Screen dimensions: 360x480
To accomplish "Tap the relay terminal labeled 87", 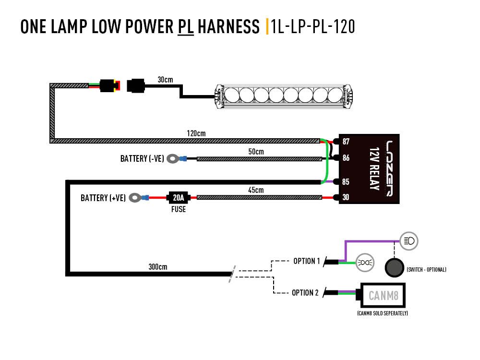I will point(346,142).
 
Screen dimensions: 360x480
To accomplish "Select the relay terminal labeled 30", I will point(346,197).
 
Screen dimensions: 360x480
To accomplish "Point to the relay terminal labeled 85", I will point(346,182).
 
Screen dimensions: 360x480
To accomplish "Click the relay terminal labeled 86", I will point(346,157).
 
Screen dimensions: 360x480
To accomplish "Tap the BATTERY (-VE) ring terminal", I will point(172,158).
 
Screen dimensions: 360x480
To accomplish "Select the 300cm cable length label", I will point(157,267).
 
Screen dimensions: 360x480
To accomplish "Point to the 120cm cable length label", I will point(196,133).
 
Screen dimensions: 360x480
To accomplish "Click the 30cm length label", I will point(165,80).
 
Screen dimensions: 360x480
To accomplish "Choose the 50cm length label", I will point(256,151).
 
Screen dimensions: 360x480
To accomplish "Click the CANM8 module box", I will point(383,295).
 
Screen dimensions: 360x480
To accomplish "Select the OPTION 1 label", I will point(306,261).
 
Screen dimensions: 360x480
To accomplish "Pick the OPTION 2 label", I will point(305,292).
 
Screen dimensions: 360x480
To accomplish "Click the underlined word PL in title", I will point(185,27).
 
